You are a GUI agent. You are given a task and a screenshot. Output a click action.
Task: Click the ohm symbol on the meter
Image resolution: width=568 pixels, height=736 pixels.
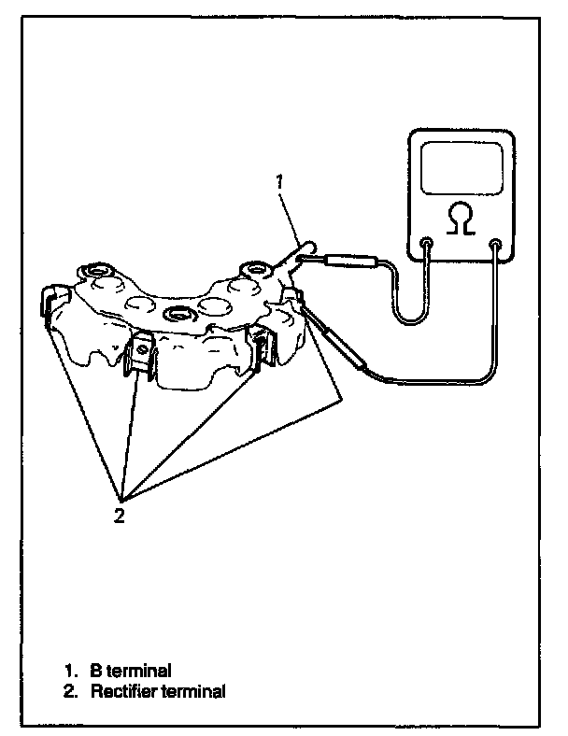[459, 220]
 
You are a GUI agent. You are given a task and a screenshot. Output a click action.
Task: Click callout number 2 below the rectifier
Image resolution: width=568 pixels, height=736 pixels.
[120, 515]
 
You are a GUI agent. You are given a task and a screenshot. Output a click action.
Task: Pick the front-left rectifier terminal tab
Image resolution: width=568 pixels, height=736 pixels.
[143, 353]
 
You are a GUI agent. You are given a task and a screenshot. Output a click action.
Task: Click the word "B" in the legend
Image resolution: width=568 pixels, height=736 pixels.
[95, 671]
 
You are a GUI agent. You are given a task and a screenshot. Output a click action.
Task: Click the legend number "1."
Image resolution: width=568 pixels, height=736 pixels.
[70, 671]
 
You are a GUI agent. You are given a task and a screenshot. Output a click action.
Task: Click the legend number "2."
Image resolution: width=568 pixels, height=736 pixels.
[70, 692]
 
